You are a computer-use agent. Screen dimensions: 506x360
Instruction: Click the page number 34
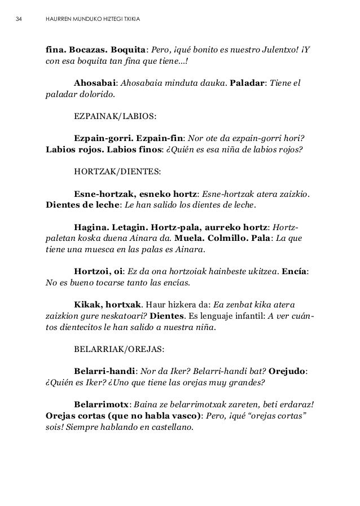pos(19,21)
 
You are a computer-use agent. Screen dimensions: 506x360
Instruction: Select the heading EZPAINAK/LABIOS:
pos(115,118)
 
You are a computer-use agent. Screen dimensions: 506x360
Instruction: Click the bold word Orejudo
pos(288,372)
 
